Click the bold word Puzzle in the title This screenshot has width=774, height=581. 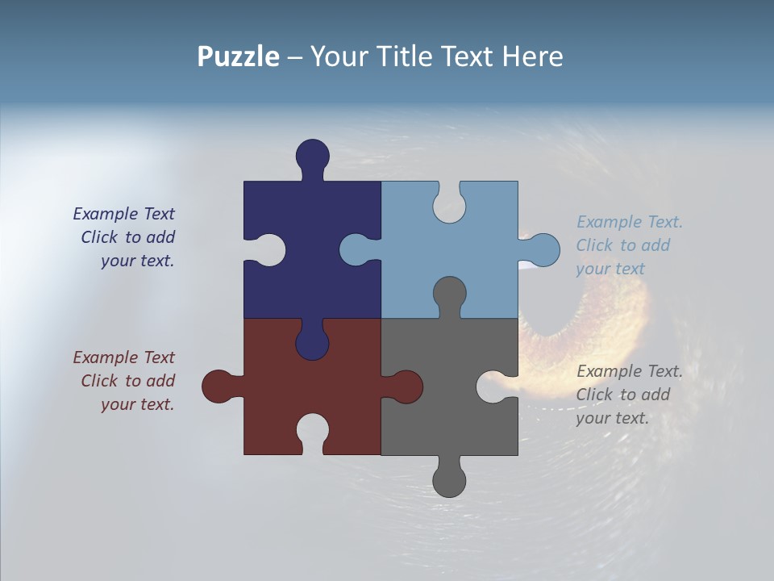pos(238,57)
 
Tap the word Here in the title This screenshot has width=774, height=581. pos(532,57)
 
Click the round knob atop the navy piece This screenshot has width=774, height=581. pos(312,156)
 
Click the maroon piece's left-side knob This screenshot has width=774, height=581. pos(218,387)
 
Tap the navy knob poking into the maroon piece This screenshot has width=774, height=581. pos(312,343)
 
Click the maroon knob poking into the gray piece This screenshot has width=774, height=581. pos(406,387)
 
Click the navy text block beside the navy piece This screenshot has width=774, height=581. pos(125,237)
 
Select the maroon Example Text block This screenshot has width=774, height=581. pos(125,381)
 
